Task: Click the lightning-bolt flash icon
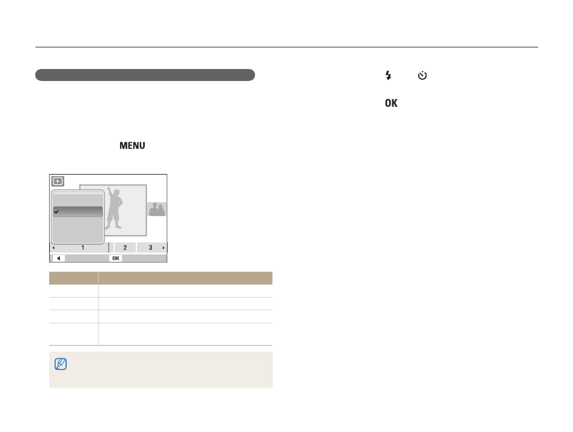pos(388,75)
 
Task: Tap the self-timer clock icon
pos(422,75)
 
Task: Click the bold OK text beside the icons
pos(391,103)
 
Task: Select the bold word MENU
pos(132,146)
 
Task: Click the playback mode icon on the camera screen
pos(58,181)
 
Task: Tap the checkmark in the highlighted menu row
pos(56,212)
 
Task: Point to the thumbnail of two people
pos(157,209)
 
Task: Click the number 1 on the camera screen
pos(83,248)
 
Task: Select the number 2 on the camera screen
pos(125,248)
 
